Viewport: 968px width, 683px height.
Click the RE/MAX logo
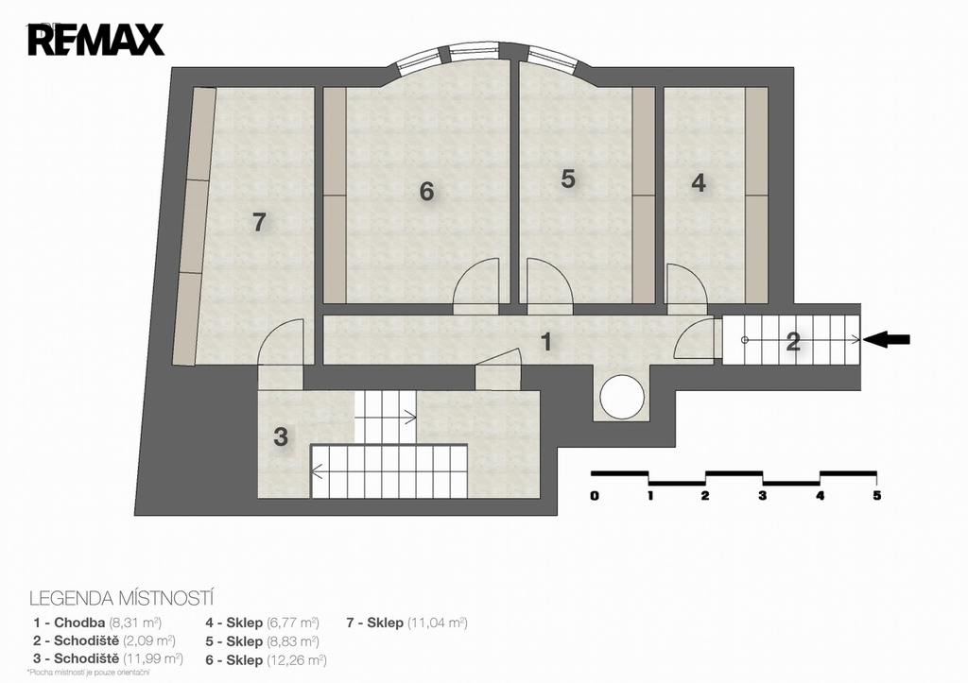(x=95, y=40)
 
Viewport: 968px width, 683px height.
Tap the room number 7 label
(x=259, y=222)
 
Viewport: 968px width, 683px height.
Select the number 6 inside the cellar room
(x=426, y=192)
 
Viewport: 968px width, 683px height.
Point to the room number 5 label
(x=568, y=179)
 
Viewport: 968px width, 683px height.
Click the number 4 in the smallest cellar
(x=699, y=183)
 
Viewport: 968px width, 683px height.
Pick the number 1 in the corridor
(x=545, y=341)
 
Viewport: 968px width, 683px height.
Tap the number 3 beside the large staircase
(x=281, y=436)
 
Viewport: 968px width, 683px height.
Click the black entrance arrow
(x=886, y=339)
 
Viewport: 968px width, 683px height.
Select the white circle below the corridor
(x=622, y=397)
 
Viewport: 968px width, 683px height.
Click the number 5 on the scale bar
(x=876, y=495)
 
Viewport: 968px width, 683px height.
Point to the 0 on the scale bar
(x=594, y=495)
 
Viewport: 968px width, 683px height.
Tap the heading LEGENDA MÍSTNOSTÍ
(x=122, y=599)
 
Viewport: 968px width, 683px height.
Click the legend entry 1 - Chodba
(x=97, y=623)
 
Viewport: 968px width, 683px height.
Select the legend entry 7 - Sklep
(x=406, y=623)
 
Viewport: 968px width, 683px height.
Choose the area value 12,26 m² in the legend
(x=296, y=660)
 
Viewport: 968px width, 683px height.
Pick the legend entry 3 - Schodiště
(x=108, y=659)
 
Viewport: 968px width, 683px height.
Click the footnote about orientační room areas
(x=88, y=673)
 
